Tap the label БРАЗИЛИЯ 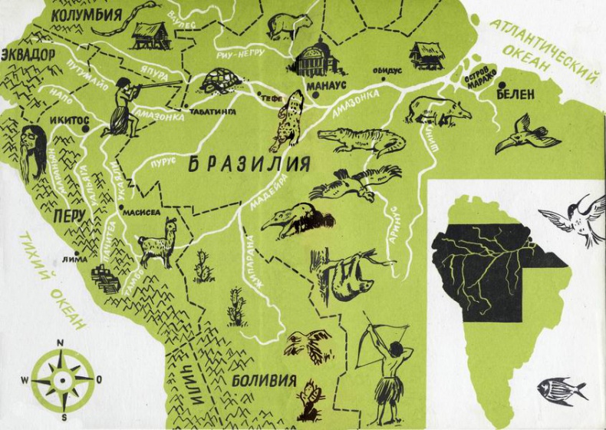[249, 164]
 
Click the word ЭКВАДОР [28, 55]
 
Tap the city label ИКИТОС [70, 121]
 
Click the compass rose [61, 379]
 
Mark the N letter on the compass [61, 343]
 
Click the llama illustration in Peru [158, 242]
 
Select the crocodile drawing [359, 141]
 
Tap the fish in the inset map [561, 390]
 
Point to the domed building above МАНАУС [312, 60]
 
